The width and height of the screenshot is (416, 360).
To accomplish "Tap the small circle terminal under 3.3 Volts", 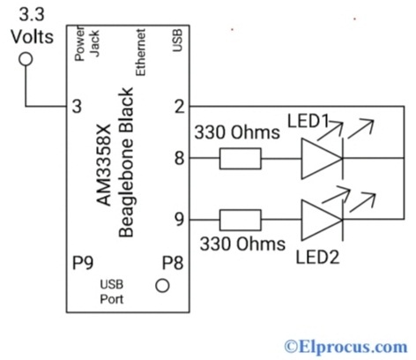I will pyautogui.click(x=26, y=58).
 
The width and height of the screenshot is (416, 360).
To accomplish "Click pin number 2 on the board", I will pyautogui.click(x=179, y=106).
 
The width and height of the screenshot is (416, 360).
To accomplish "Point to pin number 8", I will pyautogui.click(x=179, y=159).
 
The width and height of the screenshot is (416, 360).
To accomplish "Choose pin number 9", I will pyautogui.click(x=179, y=218).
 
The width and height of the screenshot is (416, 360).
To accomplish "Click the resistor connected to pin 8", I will pyautogui.click(x=239, y=159).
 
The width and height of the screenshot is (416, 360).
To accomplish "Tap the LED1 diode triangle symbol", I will pyautogui.click(x=320, y=159).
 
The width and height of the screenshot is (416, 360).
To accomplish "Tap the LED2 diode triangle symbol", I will pyautogui.click(x=320, y=218).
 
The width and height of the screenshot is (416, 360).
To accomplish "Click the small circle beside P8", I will pyautogui.click(x=162, y=285).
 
